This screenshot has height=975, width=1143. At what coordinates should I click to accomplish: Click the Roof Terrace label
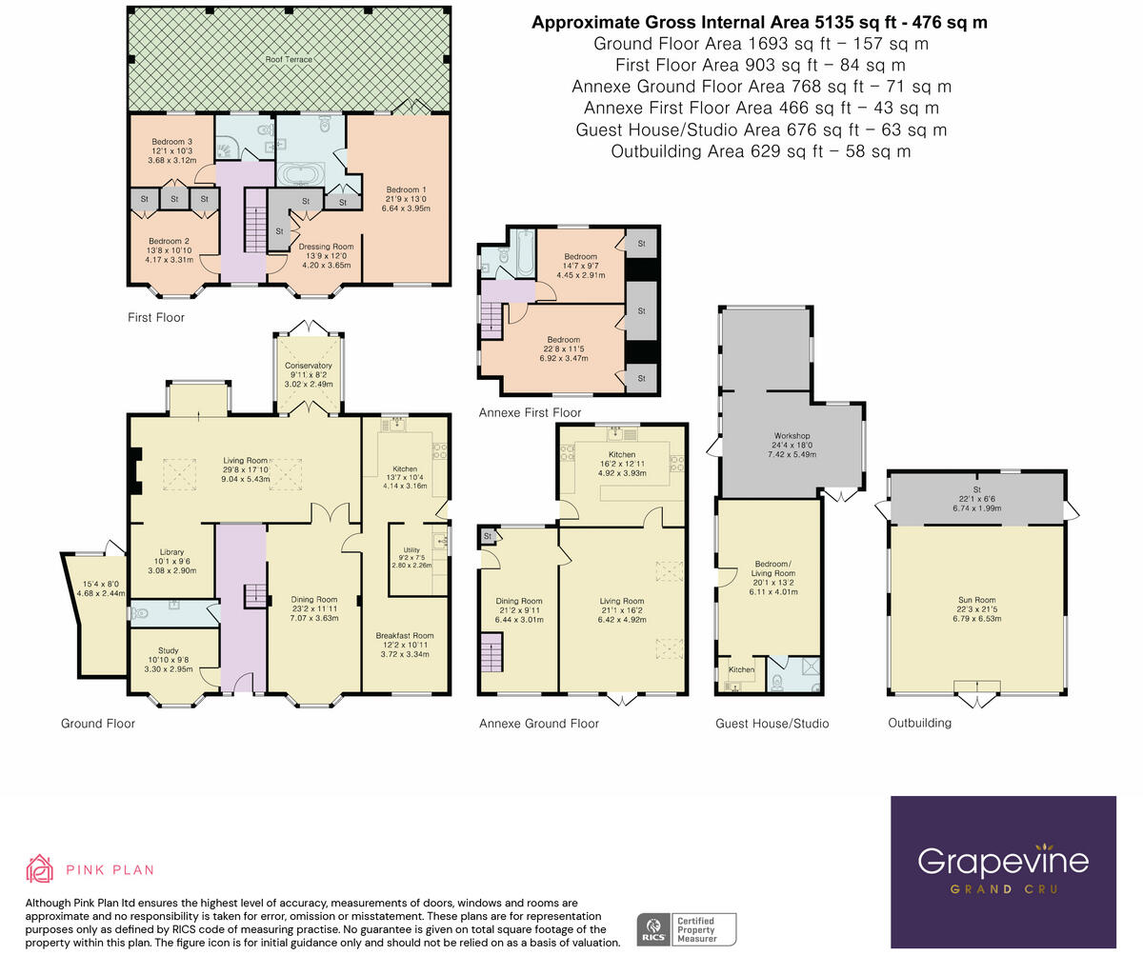pyautogui.click(x=289, y=59)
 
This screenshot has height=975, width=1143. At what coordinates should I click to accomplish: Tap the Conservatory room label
pyautogui.click(x=309, y=366)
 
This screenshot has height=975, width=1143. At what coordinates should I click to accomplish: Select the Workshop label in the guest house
pyautogui.click(x=792, y=435)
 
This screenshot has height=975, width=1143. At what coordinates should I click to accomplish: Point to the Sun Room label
pyautogui.click(x=977, y=600)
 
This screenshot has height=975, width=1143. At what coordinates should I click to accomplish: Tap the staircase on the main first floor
pyautogui.click(x=255, y=221)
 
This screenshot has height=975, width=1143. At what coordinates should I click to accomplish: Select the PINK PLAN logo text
pyautogui.click(x=110, y=870)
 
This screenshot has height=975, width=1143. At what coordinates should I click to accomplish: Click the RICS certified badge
pyautogui.click(x=686, y=929)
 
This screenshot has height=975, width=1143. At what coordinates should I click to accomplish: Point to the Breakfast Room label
pyautogui.click(x=405, y=636)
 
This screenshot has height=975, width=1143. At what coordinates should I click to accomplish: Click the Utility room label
pyautogui.click(x=411, y=550)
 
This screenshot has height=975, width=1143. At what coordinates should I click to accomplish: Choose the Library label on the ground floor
pyautogui.click(x=172, y=552)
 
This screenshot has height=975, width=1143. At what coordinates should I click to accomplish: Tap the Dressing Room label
pyautogui.click(x=327, y=247)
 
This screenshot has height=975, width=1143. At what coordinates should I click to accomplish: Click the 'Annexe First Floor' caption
pyautogui.click(x=530, y=412)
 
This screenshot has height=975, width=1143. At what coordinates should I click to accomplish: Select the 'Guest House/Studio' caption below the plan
pyautogui.click(x=772, y=724)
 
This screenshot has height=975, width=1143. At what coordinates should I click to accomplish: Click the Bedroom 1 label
pyautogui.click(x=406, y=189)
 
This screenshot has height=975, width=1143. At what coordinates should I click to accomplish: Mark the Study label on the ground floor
pyautogui.click(x=169, y=650)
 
